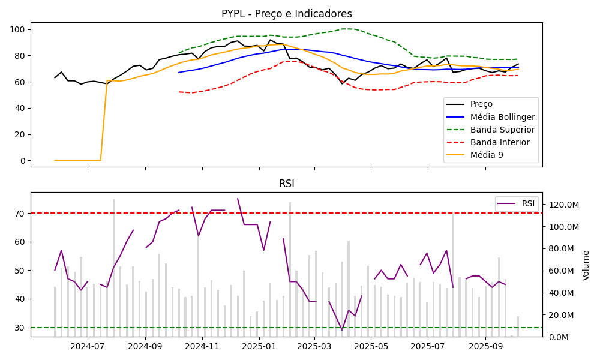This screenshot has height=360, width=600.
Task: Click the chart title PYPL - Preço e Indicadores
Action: click(x=287, y=14)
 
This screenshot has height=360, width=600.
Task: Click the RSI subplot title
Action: click(x=287, y=184)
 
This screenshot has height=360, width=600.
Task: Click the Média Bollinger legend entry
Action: click(x=502, y=117)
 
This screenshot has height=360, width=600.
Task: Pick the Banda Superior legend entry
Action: click(x=502, y=130)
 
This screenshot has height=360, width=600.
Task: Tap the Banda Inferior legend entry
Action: click(x=500, y=142)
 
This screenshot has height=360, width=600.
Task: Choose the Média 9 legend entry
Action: click(x=487, y=155)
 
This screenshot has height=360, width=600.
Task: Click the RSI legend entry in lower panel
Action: click(x=528, y=203)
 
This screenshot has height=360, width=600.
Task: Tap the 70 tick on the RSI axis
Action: click(x=19, y=213)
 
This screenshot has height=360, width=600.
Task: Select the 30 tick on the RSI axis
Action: click(x=19, y=328)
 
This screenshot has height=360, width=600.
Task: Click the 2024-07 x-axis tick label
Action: click(x=88, y=346)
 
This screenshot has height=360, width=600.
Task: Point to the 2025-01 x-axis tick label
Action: click(x=259, y=346)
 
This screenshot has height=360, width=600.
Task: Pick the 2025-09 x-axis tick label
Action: click(x=485, y=346)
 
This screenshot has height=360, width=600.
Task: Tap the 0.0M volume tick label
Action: click(x=559, y=337)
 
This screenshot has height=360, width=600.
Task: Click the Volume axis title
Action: click(x=586, y=265)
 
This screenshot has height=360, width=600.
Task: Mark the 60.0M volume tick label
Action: click(x=562, y=271)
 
